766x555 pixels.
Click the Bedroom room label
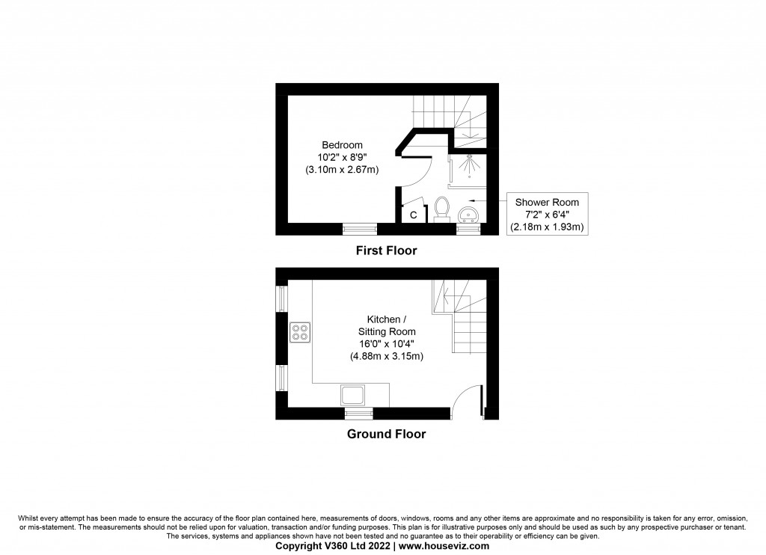[x=342, y=145]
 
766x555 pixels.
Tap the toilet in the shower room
[x=442, y=209]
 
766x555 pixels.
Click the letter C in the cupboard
[x=413, y=215]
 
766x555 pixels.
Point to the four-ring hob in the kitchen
[x=300, y=332]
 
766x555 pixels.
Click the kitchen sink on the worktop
[x=353, y=395]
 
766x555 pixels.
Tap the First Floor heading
[x=387, y=251]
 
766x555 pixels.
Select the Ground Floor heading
[x=387, y=434]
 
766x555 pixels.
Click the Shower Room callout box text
[x=547, y=215]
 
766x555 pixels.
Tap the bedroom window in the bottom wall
[x=360, y=229]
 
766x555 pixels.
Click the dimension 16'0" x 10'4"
[x=387, y=344]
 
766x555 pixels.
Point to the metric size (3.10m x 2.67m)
[x=342, y=170]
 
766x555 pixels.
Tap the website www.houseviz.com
[x=444, y=546]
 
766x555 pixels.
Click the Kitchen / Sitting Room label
[x=387, y=325]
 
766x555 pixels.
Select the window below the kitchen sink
[x=359, y=414]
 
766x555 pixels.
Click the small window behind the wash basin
[x=468, y=229]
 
